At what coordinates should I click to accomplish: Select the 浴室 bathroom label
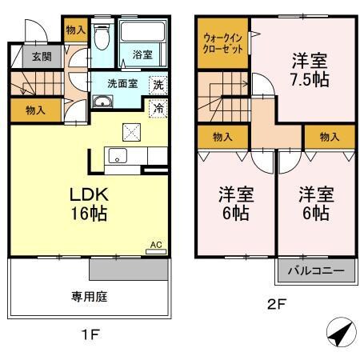coord(142,55)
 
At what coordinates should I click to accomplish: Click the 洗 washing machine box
coord(158,84)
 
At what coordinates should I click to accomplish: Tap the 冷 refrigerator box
coord(158,108)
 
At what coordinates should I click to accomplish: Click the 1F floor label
coord(90,334)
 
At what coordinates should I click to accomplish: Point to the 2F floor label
coord(276,303)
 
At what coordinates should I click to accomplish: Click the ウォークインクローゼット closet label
coord(223,41)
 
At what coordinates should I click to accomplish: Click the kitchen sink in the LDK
coord(118,156)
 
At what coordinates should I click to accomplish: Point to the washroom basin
coord(103,102)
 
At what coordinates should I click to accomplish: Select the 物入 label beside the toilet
coord(75,30)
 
